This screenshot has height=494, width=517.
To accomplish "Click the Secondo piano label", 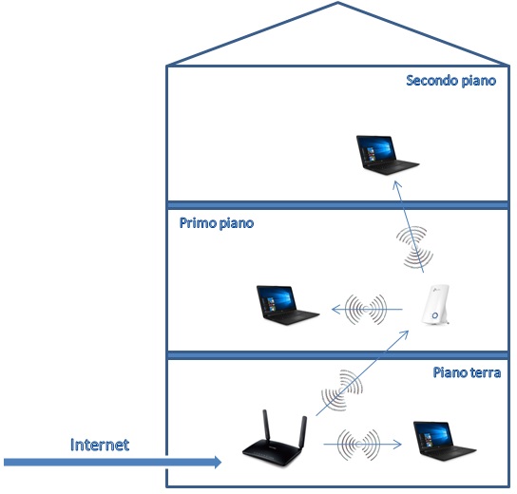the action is point(451,81).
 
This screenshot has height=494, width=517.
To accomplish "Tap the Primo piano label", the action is point(217,223).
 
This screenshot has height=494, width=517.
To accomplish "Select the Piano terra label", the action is point(467,372).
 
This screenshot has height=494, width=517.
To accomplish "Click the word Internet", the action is point(100,445).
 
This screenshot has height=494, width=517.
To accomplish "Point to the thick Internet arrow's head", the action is point(218,462).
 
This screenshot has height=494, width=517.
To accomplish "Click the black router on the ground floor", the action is point(275,439).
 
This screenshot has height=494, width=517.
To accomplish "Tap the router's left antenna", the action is point(266,425).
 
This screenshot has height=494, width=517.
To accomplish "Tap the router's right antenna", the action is point(303,432).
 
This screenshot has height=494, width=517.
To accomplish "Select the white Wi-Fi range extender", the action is point(436,305).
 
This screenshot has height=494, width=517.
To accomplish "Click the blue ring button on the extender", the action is point(435,315).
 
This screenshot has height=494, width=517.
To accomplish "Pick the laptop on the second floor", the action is point(388,155).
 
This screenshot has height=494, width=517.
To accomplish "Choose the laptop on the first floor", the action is point(288,305).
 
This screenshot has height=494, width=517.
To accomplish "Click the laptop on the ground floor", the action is point(445,441).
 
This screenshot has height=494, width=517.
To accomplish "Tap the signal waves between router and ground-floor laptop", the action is point(358,445).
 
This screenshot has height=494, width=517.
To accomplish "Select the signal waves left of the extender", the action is point(366,309).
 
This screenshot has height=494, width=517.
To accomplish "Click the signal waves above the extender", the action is point(414,247).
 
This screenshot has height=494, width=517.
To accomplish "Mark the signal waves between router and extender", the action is point(342,390).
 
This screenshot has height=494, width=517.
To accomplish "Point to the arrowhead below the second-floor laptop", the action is point(396,184).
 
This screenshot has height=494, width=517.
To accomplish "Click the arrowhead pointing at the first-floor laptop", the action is point(335,309).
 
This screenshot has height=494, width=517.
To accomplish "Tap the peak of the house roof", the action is point(337,3).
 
